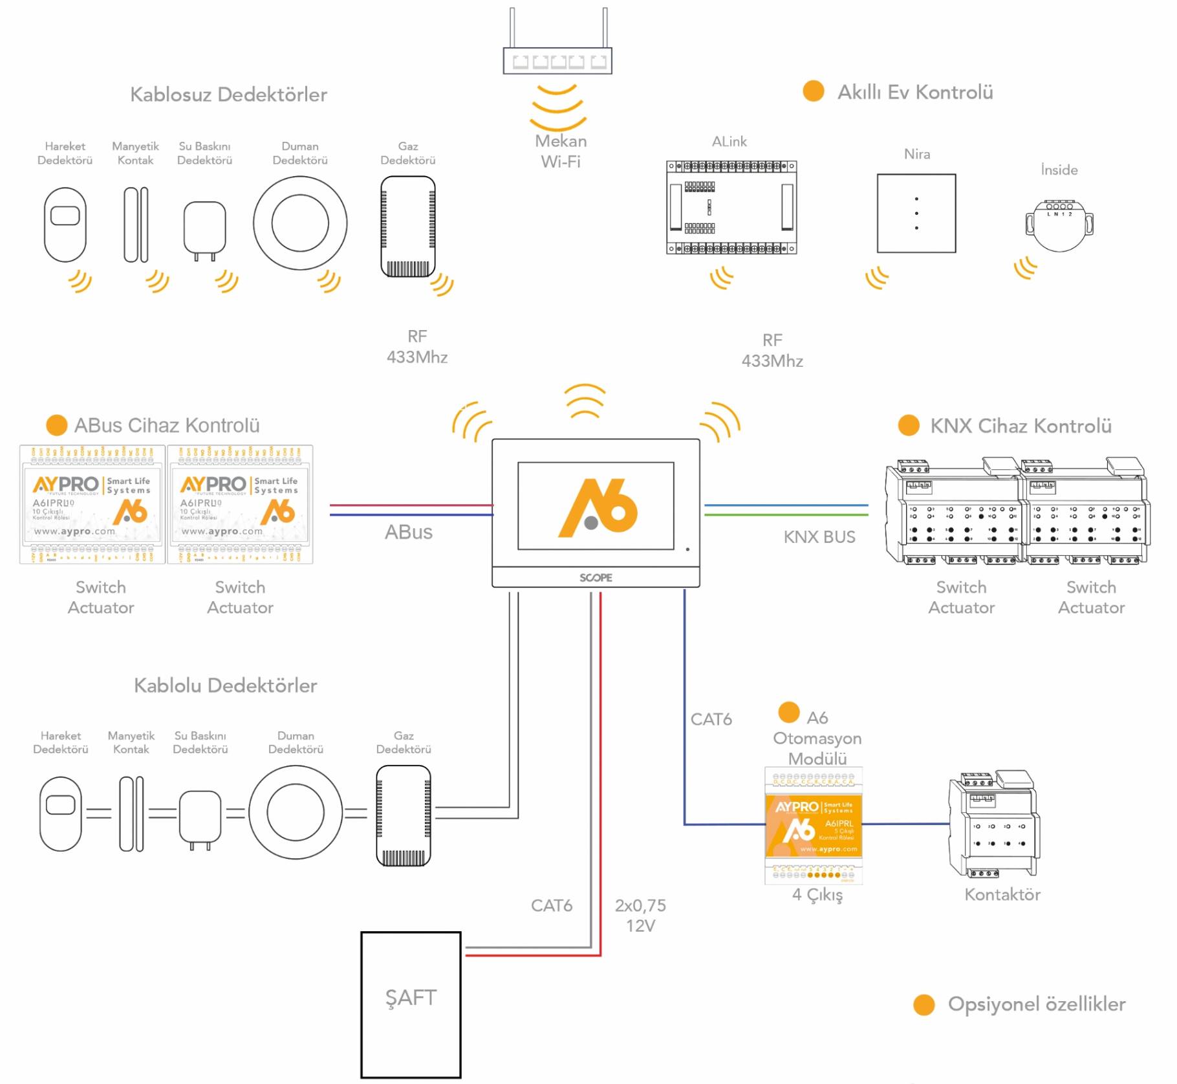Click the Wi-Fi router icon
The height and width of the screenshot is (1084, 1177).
tap(557, 60)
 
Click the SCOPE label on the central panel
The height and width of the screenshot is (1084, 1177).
tap(596, 577)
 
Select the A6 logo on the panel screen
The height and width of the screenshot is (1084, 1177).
tap(598, 507)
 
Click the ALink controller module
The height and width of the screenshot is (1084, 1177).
tap(731, 207)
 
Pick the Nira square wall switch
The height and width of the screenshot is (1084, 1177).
tap(916, 213)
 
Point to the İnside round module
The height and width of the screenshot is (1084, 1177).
tap(1059, 225)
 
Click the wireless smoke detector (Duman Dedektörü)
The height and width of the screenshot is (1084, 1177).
tap(300, 223)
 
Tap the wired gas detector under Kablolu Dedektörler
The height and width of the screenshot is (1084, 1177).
tap(404, 815)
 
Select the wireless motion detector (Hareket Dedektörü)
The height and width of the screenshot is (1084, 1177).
tap(65, 224)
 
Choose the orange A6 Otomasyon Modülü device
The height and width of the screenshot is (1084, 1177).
tap(814, 825)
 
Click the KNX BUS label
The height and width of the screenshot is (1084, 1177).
tap(819, 537)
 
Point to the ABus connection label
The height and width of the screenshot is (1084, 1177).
tap(408, 532)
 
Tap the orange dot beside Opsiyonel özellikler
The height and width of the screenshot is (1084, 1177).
tap(923, 1004)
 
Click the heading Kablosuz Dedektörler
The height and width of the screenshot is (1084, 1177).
tap(228, 94)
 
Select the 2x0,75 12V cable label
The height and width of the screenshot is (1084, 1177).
tap(640, 915)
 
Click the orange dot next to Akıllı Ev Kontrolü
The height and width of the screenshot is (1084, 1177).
tap(813, 91)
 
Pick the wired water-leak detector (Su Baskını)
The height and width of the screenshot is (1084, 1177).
tap(200, 817)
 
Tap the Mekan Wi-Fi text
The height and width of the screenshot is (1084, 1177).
tap(561, 151)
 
